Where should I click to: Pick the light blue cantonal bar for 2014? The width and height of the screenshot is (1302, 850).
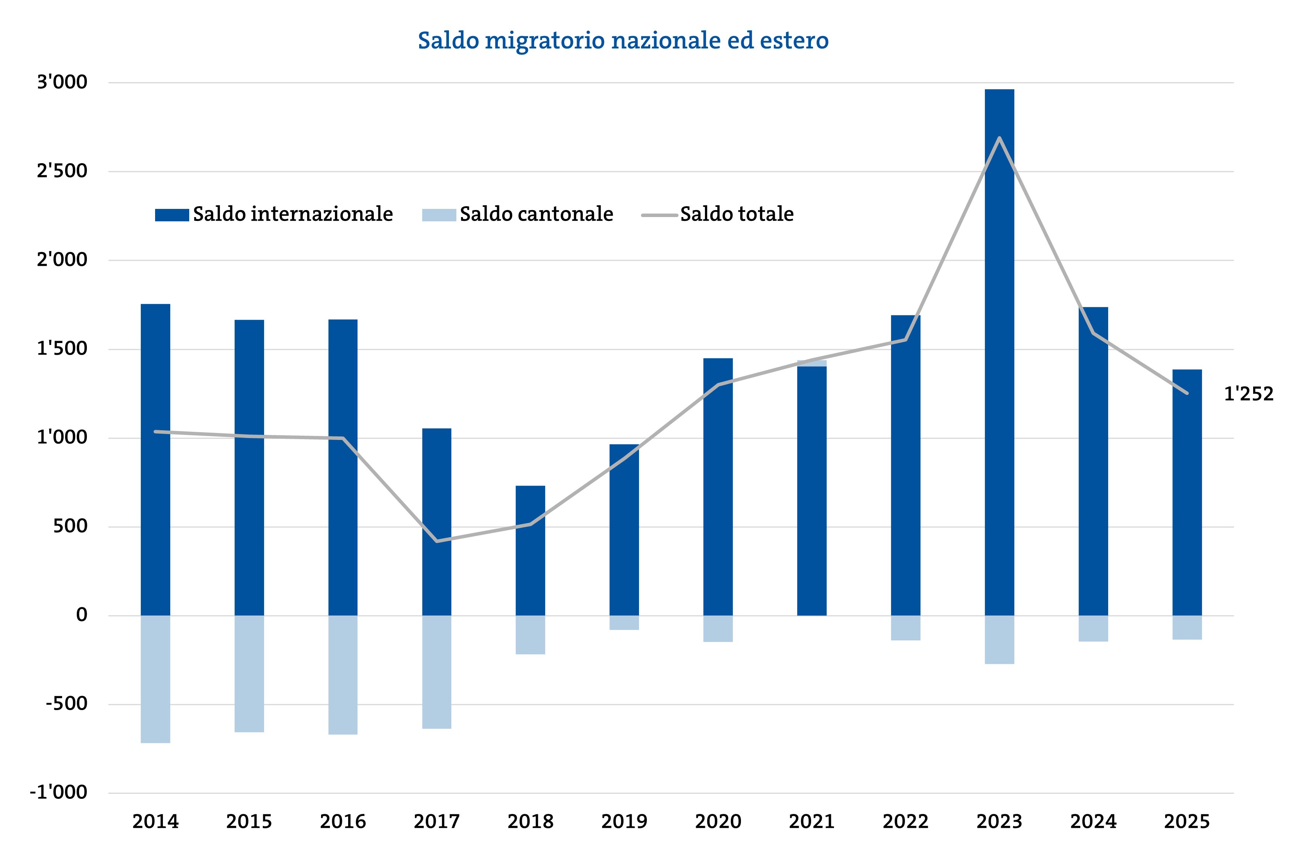tap(155, 679)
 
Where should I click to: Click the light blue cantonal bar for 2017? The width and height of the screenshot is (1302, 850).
tap(437, 672)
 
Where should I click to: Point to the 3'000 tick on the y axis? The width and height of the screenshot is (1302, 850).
tap(62, 82)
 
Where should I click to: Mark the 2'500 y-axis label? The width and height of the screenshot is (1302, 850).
tap(62, 171)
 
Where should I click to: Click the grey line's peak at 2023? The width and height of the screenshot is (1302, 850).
tap(1000, 138)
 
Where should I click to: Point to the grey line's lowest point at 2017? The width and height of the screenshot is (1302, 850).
tap(437, 541)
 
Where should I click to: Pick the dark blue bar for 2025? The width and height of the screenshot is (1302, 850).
tap(1186, 492)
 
